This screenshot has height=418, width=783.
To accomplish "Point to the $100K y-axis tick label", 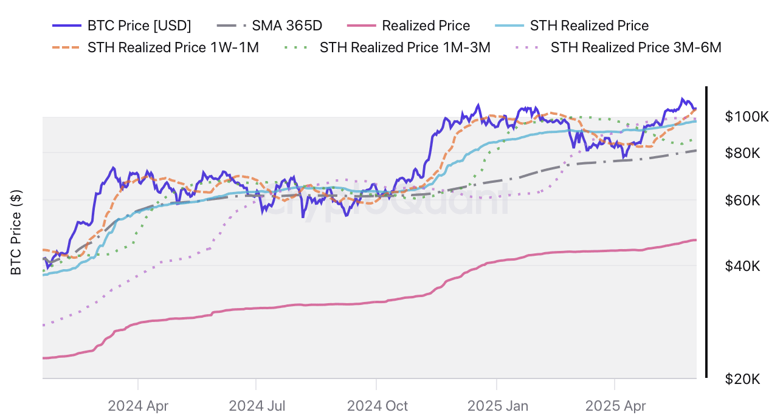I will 747,117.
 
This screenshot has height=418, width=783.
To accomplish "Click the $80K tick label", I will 743,153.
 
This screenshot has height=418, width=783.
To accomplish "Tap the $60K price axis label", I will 743,200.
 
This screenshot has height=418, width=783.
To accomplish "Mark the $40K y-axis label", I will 743,266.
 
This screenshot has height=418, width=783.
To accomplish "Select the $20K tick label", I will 743,379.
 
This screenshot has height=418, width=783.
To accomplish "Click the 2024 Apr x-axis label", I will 138,405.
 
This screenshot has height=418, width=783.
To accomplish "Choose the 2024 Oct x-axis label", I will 378,405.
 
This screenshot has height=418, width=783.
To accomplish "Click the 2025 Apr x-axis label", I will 615,405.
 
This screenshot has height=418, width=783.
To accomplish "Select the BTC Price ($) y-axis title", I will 16,233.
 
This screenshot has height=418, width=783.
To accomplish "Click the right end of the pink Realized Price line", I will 695,240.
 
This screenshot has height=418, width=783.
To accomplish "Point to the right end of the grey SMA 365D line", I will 695,151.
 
